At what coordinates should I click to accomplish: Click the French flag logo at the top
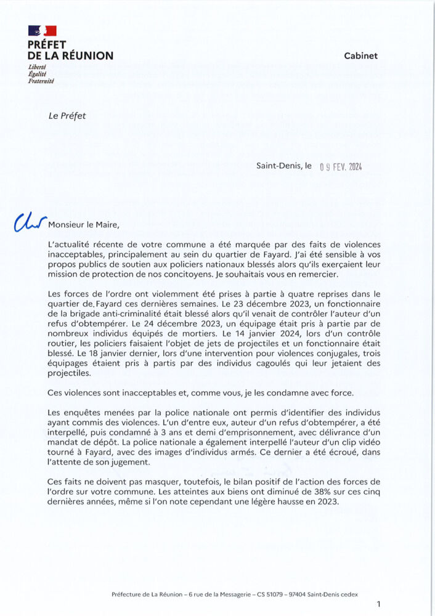(x=43, y=30)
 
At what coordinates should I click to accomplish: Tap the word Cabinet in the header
(x=360, y=55)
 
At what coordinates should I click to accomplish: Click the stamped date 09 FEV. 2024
(x=341, y=166)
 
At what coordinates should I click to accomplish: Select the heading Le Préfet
(x=67, y=115)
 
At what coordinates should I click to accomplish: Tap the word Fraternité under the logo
(x=41, y=81)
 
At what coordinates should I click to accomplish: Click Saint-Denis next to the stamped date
(x=279, y=166)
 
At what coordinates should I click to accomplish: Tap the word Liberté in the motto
(x=38, y=67)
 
